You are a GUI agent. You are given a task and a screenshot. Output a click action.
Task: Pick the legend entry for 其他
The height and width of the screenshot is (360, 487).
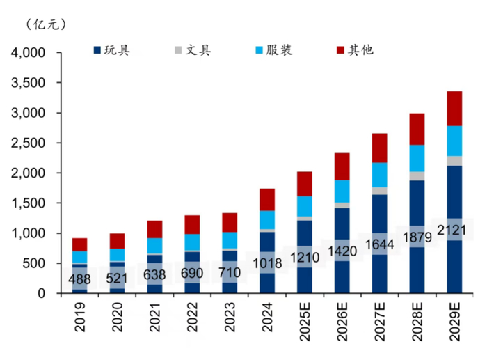click(355, 50)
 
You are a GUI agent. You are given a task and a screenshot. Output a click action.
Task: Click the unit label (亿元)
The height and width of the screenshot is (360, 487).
click(47, 24)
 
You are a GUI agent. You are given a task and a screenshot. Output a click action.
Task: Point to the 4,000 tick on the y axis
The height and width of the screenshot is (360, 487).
click(28, 53)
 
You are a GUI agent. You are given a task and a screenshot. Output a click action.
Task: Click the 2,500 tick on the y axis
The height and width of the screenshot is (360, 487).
click(28, 143)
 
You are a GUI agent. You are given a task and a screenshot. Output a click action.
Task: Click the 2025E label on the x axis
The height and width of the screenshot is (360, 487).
click(305, 327)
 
